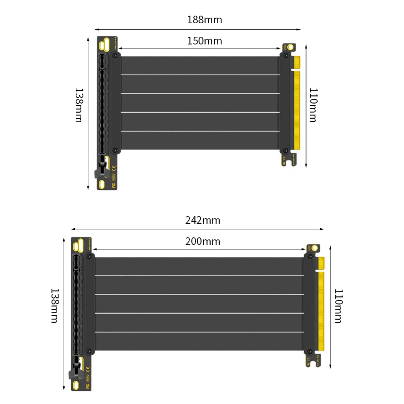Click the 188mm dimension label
tap(205, 20)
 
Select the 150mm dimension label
tap(205, 41)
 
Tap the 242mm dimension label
tap(203, 221)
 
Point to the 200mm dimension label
tap(203, 241)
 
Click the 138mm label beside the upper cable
tap(79, 105)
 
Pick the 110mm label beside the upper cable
tap(313, 105)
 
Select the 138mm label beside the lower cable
tap(55, 306)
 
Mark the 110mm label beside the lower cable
tap(338, 306)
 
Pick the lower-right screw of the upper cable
tap(286, 150)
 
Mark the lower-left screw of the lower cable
tap(89, 351)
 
